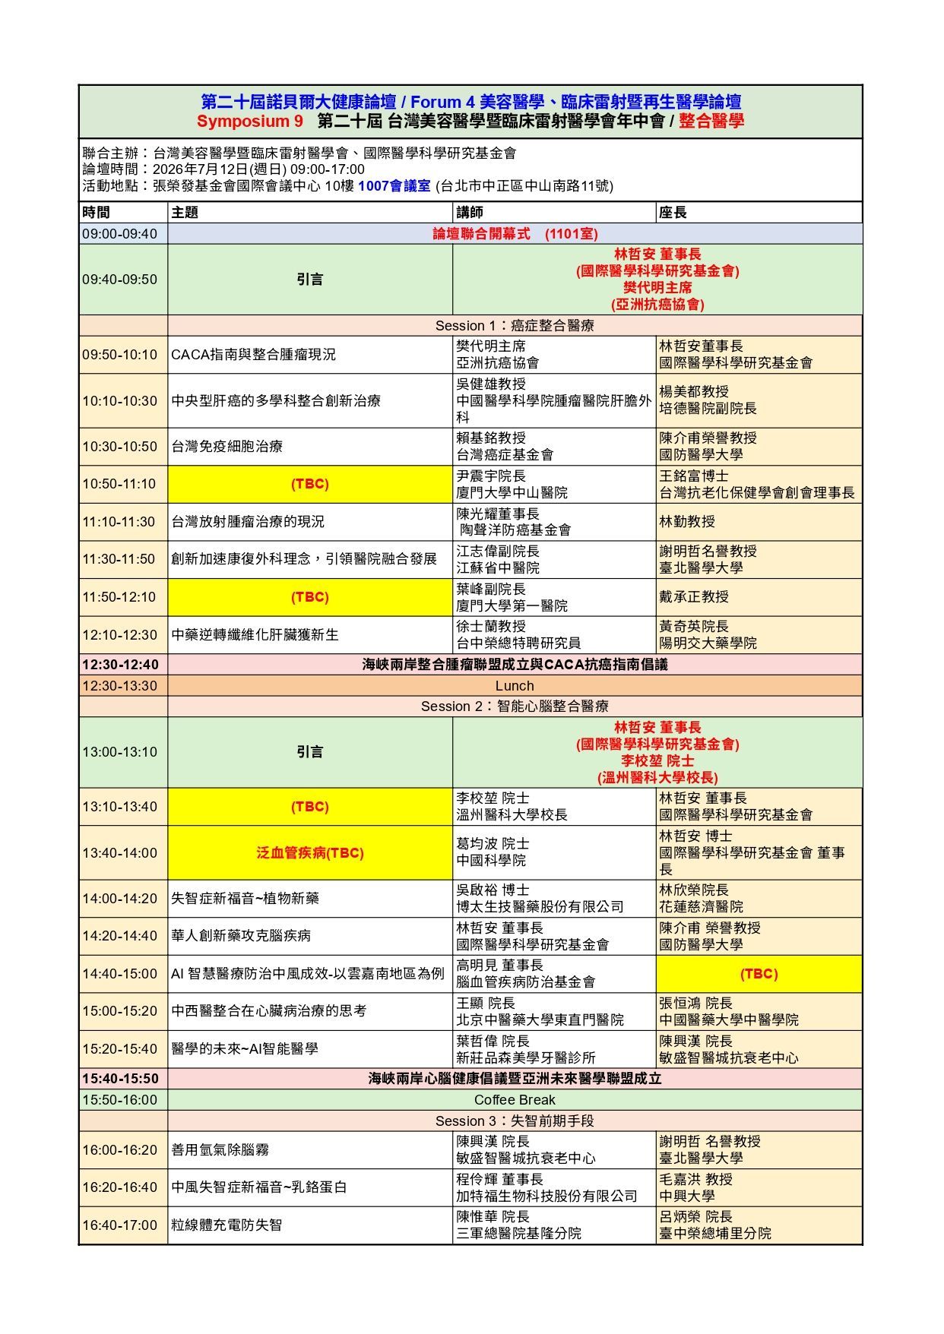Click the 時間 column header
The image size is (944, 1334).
[97, 213]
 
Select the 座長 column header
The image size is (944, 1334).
[673, 213]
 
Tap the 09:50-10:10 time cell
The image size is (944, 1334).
[120, 355]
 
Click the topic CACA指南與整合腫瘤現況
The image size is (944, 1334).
[253, 355]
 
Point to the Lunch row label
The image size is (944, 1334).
[515, 686]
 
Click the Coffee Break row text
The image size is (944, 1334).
[515, 1100]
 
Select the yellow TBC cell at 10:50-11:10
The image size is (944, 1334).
[309, 484]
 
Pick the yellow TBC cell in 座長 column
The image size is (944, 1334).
[759, 974]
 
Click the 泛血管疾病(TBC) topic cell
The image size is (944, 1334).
[309, 853]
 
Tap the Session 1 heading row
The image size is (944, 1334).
[515, 326]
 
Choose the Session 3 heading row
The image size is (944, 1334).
[515, 1121]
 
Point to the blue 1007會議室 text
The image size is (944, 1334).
[394, 186]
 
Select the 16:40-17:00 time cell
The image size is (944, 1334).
[120, 1225]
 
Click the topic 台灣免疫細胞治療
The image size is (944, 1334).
[226, 447]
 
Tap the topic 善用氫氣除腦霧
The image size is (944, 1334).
[220, 1150]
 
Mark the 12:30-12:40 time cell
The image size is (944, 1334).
[120, 665]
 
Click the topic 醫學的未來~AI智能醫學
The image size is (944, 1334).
[245, 1049]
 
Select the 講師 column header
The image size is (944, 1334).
[470, 213]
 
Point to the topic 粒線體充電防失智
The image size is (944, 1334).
[226, 1225]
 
